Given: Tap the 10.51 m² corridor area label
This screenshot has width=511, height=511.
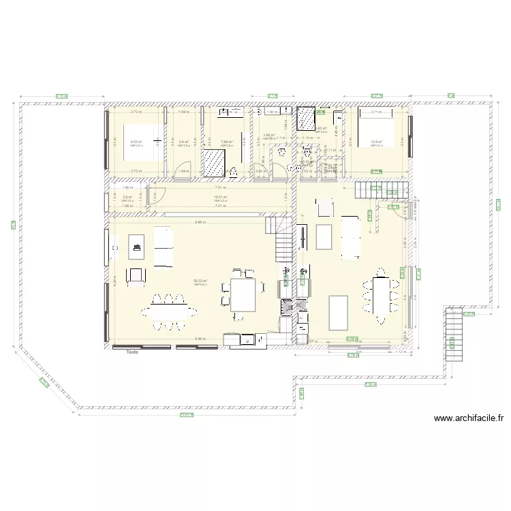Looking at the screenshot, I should click(x=219, y=197).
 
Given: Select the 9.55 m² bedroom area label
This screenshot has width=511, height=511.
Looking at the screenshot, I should click(x=136, y=142).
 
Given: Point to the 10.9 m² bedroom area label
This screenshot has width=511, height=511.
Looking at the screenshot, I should click(x=376, y=142).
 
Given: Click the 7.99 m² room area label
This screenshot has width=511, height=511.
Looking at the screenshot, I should click(x=226, y=142).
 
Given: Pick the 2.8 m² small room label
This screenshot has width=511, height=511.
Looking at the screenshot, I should click(x=126, y=197).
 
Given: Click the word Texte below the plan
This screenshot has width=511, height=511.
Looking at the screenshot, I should click(x=131, y=352).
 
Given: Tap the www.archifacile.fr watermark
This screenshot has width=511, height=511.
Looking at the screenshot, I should click(x=468, y=419).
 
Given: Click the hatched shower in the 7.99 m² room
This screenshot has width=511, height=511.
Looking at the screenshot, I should click(x=214, y=162).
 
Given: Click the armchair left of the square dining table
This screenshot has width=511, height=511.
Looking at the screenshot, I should click(x=136, y=274).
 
